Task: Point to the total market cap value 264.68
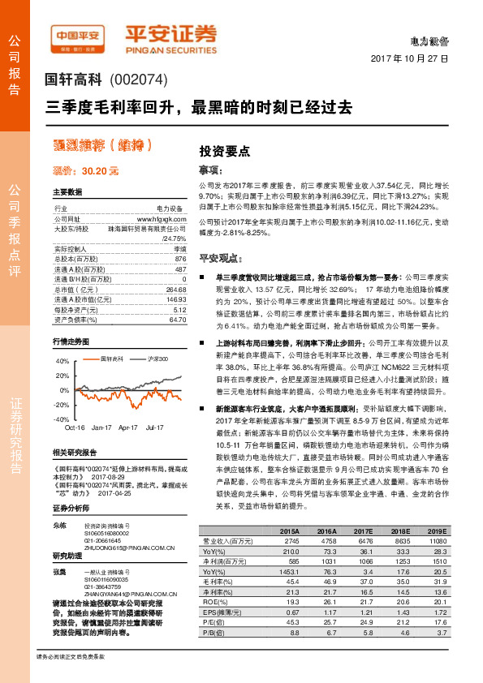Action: (175, 289)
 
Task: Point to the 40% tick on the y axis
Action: (62, 362)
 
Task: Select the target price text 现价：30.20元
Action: (86, 171)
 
